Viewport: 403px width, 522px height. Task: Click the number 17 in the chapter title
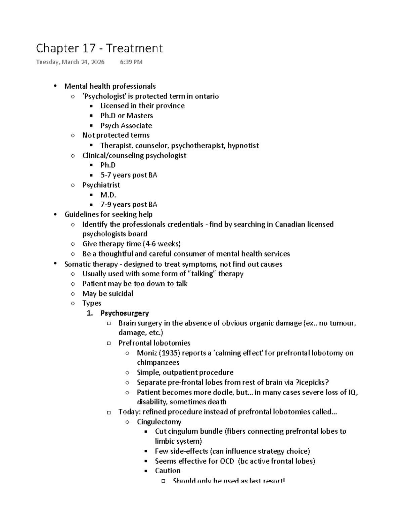(x=89, y=48)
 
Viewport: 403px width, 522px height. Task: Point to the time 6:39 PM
(x=131, y=62)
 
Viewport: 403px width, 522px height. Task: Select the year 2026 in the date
(x=97, y=62)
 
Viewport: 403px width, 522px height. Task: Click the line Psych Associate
(x=126, y=125)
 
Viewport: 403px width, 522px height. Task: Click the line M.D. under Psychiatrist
(x=108, y=195)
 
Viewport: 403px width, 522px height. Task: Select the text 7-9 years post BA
(x=129, y=204)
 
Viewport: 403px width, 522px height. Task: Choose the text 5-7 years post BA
(x=129, y=175)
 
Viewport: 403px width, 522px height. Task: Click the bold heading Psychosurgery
(x=125, y=313)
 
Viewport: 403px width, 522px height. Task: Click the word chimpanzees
(x=158, y=362)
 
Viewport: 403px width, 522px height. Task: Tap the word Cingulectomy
(x=159, y=421)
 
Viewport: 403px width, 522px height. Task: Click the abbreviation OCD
(x=227, y=461)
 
